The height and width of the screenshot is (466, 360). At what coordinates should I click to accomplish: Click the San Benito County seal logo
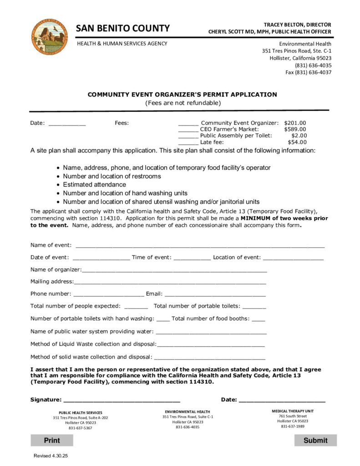tap(49, 37)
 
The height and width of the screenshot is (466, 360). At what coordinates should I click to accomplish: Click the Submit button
tap(315, 440)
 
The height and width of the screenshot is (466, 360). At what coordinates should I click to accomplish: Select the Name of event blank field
tap(200, 245)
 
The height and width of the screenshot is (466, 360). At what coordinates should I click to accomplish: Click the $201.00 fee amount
tap(295, 123)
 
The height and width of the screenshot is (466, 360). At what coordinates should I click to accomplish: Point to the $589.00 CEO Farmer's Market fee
tap(295, 129)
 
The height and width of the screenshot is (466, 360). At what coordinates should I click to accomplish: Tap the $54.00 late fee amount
tap(297, 142)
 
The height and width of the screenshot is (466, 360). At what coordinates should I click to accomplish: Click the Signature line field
tap(122, 400)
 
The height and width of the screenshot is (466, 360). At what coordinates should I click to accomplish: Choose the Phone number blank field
tap(108, 294)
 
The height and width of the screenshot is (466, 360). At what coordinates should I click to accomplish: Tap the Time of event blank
tap(192, 258)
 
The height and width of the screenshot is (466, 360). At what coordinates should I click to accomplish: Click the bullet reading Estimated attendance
tap(94, 185)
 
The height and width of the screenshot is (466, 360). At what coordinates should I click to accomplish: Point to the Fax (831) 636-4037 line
tap(308, 72)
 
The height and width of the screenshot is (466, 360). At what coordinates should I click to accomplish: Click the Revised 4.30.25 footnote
tap(51, 456)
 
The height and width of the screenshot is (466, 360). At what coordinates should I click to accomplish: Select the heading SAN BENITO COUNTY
tap(123, 28)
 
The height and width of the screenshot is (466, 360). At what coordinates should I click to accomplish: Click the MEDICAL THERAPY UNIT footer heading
tap(293, 411)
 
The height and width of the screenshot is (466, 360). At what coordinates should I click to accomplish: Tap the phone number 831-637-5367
tap(80, 428)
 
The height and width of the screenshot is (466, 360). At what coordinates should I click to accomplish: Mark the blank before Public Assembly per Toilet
tap(188, 136)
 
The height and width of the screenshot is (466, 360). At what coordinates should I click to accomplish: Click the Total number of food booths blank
tap(258, 319)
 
